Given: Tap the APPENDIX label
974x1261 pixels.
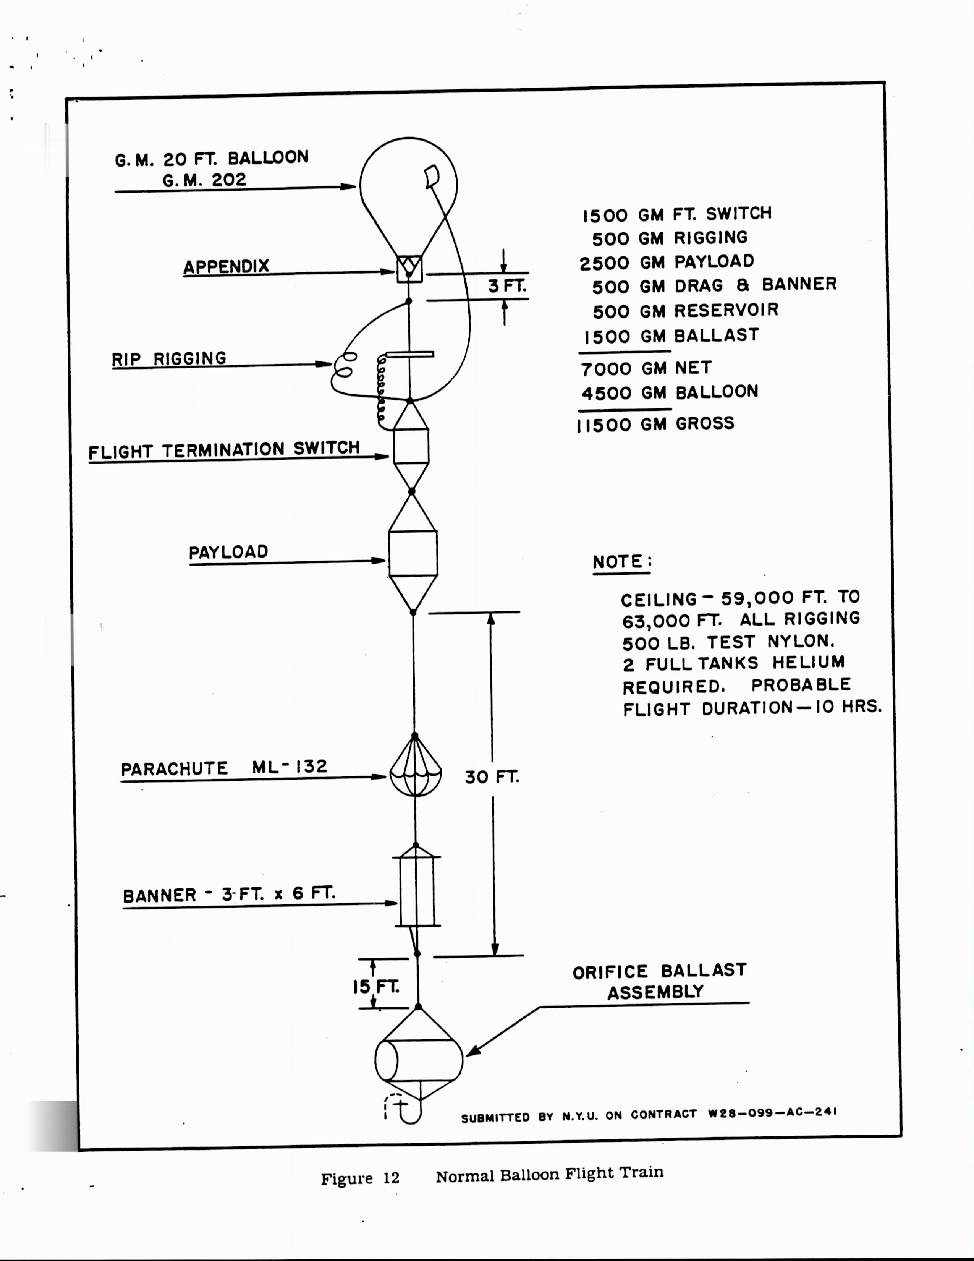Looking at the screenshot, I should [x=226, y=267].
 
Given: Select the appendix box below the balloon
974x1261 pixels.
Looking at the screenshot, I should [x=409, y=269].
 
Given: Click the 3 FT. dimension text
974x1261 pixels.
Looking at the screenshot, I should [x=507, y=286].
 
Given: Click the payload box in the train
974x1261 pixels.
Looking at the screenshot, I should [x=413, y=554].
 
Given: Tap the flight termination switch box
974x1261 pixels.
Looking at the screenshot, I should [x=411, y=446].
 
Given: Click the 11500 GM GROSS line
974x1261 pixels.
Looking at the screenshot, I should [x=655, y=425].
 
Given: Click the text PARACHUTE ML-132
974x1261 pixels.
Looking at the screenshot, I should [x=224, y=768].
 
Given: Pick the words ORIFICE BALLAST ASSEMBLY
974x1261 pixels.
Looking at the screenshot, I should [x=659, y=982].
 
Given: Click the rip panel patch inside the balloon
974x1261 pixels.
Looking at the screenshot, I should [x=432, y=176].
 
